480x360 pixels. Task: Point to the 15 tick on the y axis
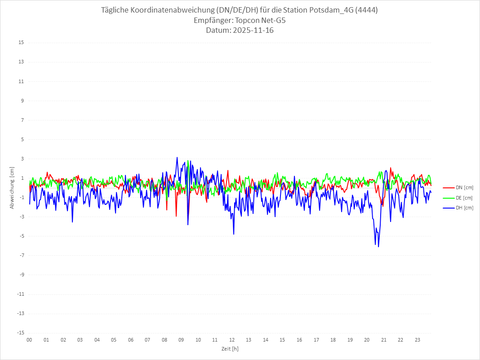pos(21,43)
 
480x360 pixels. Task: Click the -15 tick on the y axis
pos(20,333)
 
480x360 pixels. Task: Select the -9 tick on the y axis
pos(21,275)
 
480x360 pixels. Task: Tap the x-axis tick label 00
pos(29,340)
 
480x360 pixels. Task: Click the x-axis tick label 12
pos(232,340)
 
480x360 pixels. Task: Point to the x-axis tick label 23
pos(418,340)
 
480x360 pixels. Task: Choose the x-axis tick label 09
pos(181,340)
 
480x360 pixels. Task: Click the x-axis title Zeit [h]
pos(230,348)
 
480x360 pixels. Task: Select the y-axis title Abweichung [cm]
pos(12,187)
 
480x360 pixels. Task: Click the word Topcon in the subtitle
pos(248,21)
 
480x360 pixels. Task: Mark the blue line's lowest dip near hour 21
pos(378,247)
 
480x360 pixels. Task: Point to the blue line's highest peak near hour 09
pos(177,157)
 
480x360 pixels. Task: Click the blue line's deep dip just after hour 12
pos(234,234)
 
